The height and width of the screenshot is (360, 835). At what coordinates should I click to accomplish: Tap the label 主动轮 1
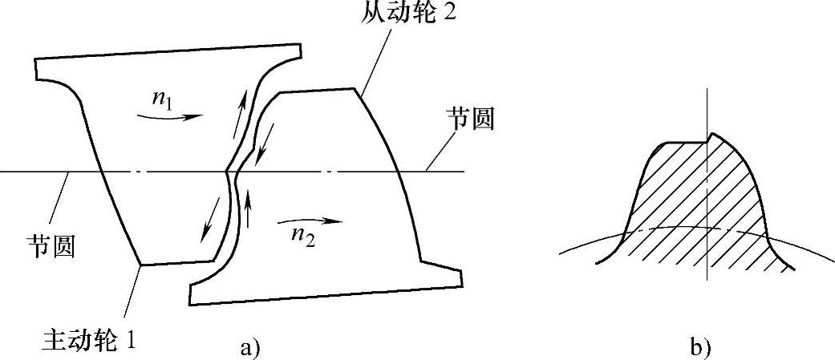point(87,340)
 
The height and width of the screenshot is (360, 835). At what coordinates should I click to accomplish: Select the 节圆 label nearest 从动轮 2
point(470,120)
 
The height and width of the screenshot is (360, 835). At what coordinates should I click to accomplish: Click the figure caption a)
point(249,346)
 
